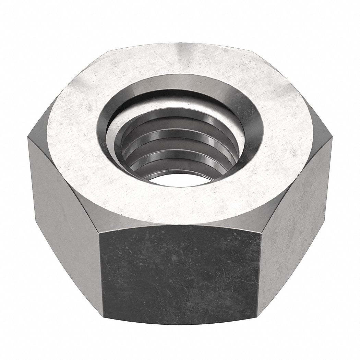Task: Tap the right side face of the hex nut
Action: click(295, 206)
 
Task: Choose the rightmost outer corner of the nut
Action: click(332, 139)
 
